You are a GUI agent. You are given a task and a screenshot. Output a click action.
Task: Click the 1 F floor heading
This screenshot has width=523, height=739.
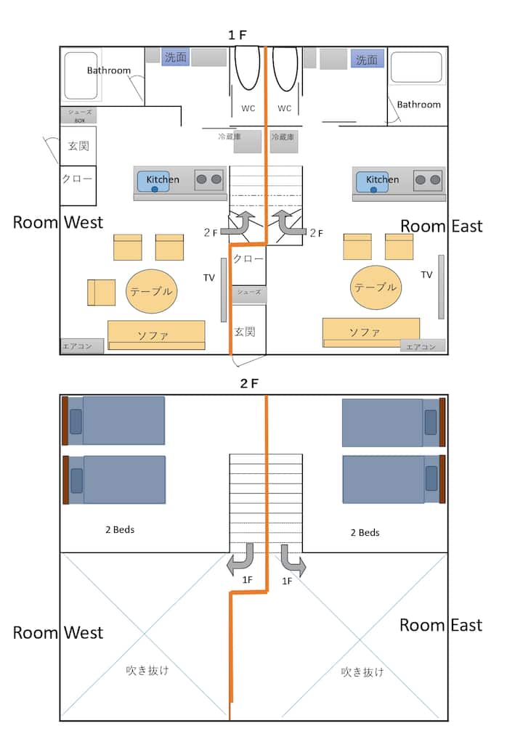pyautogui.click(x=238, y=35)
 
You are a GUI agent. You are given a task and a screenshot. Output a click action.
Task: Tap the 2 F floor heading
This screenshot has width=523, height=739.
pyautogui.click(x=249, y=383)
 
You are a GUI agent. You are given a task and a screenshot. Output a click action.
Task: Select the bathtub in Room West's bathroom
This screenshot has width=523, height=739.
pyautogui.click(x=81, y=75)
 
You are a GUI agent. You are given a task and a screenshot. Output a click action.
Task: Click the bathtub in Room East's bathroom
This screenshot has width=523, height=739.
pyautogui.click(x=416, y=68)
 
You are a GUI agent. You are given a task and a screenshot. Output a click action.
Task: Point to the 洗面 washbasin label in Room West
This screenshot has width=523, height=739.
pyautogui.click(x=175, y=57)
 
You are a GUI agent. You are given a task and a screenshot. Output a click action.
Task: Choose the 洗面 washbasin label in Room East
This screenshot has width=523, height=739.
pyautogui.click(x=367, y=59)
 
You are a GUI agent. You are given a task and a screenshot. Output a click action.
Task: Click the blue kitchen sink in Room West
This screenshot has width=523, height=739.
pyautogui.click(x=153, y=181)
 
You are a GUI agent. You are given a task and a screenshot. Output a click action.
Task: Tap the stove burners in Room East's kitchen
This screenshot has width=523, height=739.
pyautogui.click(x=428, y=179)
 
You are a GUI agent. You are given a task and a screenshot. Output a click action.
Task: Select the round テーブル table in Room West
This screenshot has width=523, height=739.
pyautogui.click(x=152, y=291)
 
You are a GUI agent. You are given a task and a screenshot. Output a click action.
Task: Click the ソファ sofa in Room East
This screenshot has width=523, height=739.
pyautogui.click(x=370, y=331)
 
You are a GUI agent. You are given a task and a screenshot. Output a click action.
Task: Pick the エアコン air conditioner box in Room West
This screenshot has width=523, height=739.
pyautogui.click(x=77, y=346)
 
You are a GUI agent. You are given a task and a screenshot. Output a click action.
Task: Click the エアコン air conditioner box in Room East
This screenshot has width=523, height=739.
pyautogui.click(x=422, y=346)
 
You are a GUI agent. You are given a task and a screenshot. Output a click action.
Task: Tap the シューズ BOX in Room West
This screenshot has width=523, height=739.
pyautogui.click(x=78, y=115)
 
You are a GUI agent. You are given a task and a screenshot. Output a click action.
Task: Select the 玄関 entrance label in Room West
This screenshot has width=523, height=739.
pyautogui.click(x=78, y=146)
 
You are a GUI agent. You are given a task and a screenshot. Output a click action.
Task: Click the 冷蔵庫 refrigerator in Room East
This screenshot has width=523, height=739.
pyautogui.click(x=284, y=141)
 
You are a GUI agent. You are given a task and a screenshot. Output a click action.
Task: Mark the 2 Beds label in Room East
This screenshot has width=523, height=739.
pyautogui.click(x=365, y=532)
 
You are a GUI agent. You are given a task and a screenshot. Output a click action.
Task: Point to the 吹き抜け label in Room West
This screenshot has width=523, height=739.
pyautogui.click(x=147, y=670)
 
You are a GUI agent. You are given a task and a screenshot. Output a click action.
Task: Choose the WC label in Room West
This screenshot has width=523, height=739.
pyautogui.click(x=248, y=108)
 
